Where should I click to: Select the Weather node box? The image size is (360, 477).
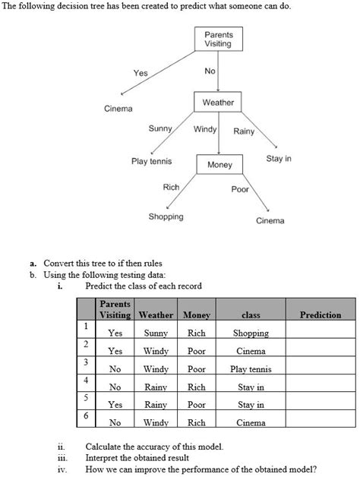[x=218, y=103]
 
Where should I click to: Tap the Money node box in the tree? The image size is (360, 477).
[x=219, y=165]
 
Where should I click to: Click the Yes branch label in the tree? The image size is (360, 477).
[x=141, y=73]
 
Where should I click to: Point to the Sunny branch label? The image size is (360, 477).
[x=159, y=128]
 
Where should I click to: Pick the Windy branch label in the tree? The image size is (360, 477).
[x=205, y=128]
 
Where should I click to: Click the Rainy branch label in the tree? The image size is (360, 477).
[x=244, y=131]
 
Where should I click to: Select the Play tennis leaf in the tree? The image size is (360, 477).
[x=151, y=162]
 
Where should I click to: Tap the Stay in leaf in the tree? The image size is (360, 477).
[x=279, y=160]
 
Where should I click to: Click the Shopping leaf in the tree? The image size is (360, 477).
[x=166, y=216]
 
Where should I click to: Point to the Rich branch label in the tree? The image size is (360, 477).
[x=171, y=187]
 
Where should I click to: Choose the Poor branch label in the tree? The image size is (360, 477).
[x=240, y=189]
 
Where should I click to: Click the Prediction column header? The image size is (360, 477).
[x=321, y=314]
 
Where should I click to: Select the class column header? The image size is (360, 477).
[x=251, y=314]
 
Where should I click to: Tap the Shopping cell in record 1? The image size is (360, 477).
[x=251, y=333]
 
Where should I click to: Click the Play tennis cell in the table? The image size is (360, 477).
[x=251, y=369]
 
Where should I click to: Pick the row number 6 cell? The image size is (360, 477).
[x=87, y=416]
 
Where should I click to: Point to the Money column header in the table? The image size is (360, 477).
[x=196, y=314]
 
